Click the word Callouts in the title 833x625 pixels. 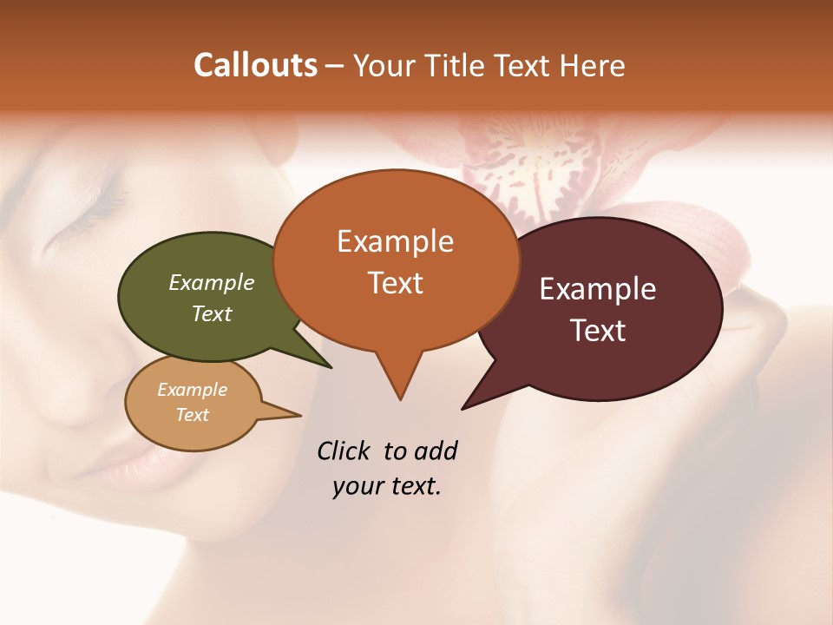255,65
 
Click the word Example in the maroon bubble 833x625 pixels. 598,289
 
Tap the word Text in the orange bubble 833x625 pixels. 396,283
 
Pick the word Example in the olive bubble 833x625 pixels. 212,282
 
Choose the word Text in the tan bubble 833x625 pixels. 193,415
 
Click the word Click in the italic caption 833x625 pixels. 344,451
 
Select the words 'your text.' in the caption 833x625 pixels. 387,486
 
